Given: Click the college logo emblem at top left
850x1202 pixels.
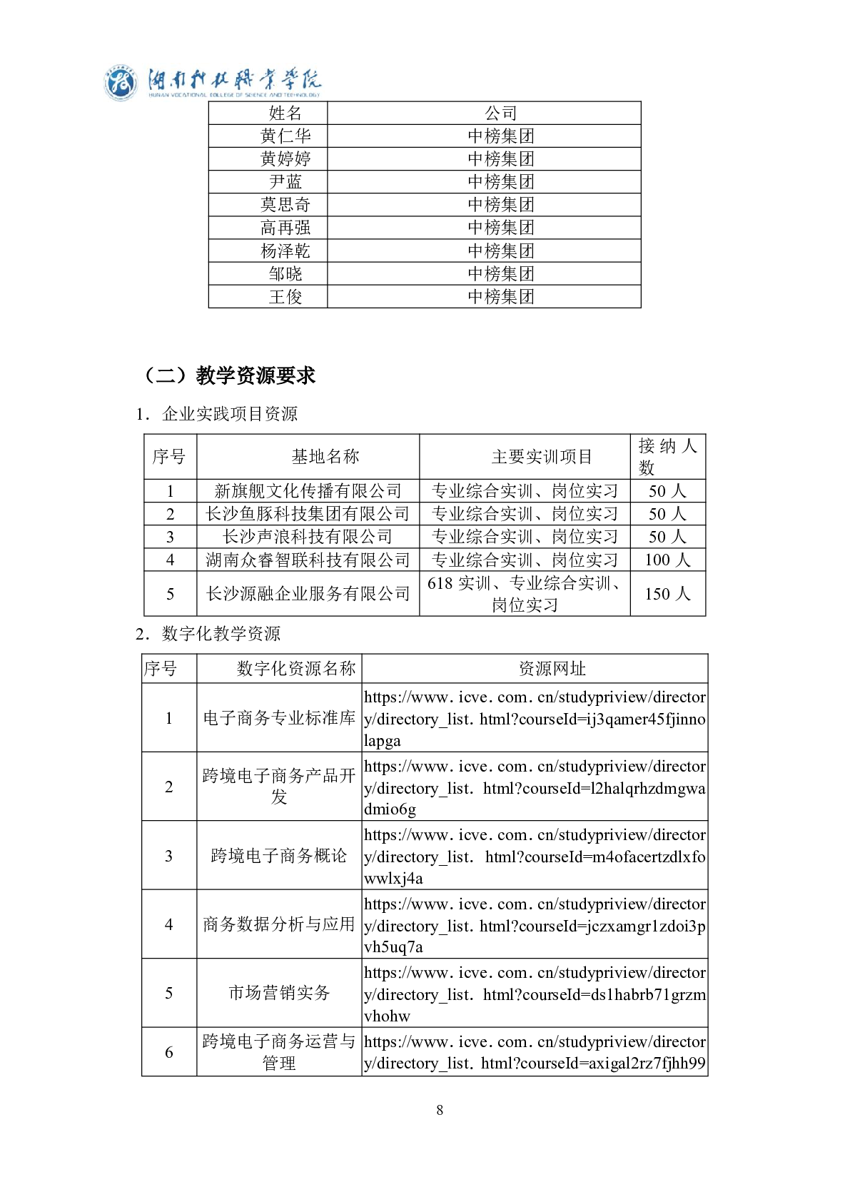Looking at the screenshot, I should click(121, 84).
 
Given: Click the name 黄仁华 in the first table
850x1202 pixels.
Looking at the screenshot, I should click(285, 136).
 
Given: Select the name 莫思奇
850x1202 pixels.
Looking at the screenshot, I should click(285, 205).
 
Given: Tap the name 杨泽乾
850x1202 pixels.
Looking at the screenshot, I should click(285, 251).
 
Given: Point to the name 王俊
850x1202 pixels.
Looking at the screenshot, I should click(285, 296).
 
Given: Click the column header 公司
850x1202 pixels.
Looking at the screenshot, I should click(500, 113).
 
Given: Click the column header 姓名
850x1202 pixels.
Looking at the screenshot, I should click(285, 113).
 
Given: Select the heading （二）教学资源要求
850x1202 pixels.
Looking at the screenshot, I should click(228, 375).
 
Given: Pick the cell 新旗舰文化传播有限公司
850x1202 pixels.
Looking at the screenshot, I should click(308, 491).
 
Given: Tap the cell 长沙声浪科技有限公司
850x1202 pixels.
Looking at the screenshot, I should click(308, 537).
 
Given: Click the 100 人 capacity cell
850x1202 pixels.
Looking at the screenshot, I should click(667, 560).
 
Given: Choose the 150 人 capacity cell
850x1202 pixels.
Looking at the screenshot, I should click(667, 594).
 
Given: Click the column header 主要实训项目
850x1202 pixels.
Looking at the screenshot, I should click(542, 457).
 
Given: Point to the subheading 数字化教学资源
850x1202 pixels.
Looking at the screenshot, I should click(221, 634).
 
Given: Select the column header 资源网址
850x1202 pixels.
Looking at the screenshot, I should click(552, 669).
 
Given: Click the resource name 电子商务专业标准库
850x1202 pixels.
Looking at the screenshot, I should click(279, 718).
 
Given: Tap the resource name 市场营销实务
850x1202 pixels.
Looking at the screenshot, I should click(279, 993).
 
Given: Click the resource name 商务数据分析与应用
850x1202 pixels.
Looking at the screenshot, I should click(279, 924).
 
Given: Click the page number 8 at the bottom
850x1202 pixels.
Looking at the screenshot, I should click(440, 1110).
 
